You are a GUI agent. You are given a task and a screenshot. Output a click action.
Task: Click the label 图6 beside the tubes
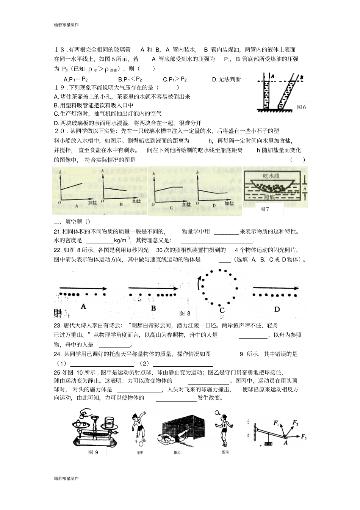pos(302,107)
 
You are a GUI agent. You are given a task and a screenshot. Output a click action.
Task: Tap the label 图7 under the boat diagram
pos(265,209)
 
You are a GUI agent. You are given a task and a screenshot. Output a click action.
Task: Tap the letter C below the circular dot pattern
pos(222,310)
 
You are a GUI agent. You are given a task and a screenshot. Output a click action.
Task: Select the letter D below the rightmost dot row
pos(277,309)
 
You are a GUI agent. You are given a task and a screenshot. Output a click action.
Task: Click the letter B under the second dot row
pos(153,308)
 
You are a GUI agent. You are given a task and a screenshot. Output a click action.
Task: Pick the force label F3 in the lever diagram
pos(304,437)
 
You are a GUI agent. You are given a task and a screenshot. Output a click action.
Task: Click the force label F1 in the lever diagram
pos(275,422)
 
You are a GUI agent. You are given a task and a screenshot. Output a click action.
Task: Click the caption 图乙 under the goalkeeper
pos(177,452)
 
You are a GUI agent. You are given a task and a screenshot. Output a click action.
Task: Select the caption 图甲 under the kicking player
pos(139,452)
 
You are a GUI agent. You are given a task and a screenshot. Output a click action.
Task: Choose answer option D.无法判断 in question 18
pos(226,79)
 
